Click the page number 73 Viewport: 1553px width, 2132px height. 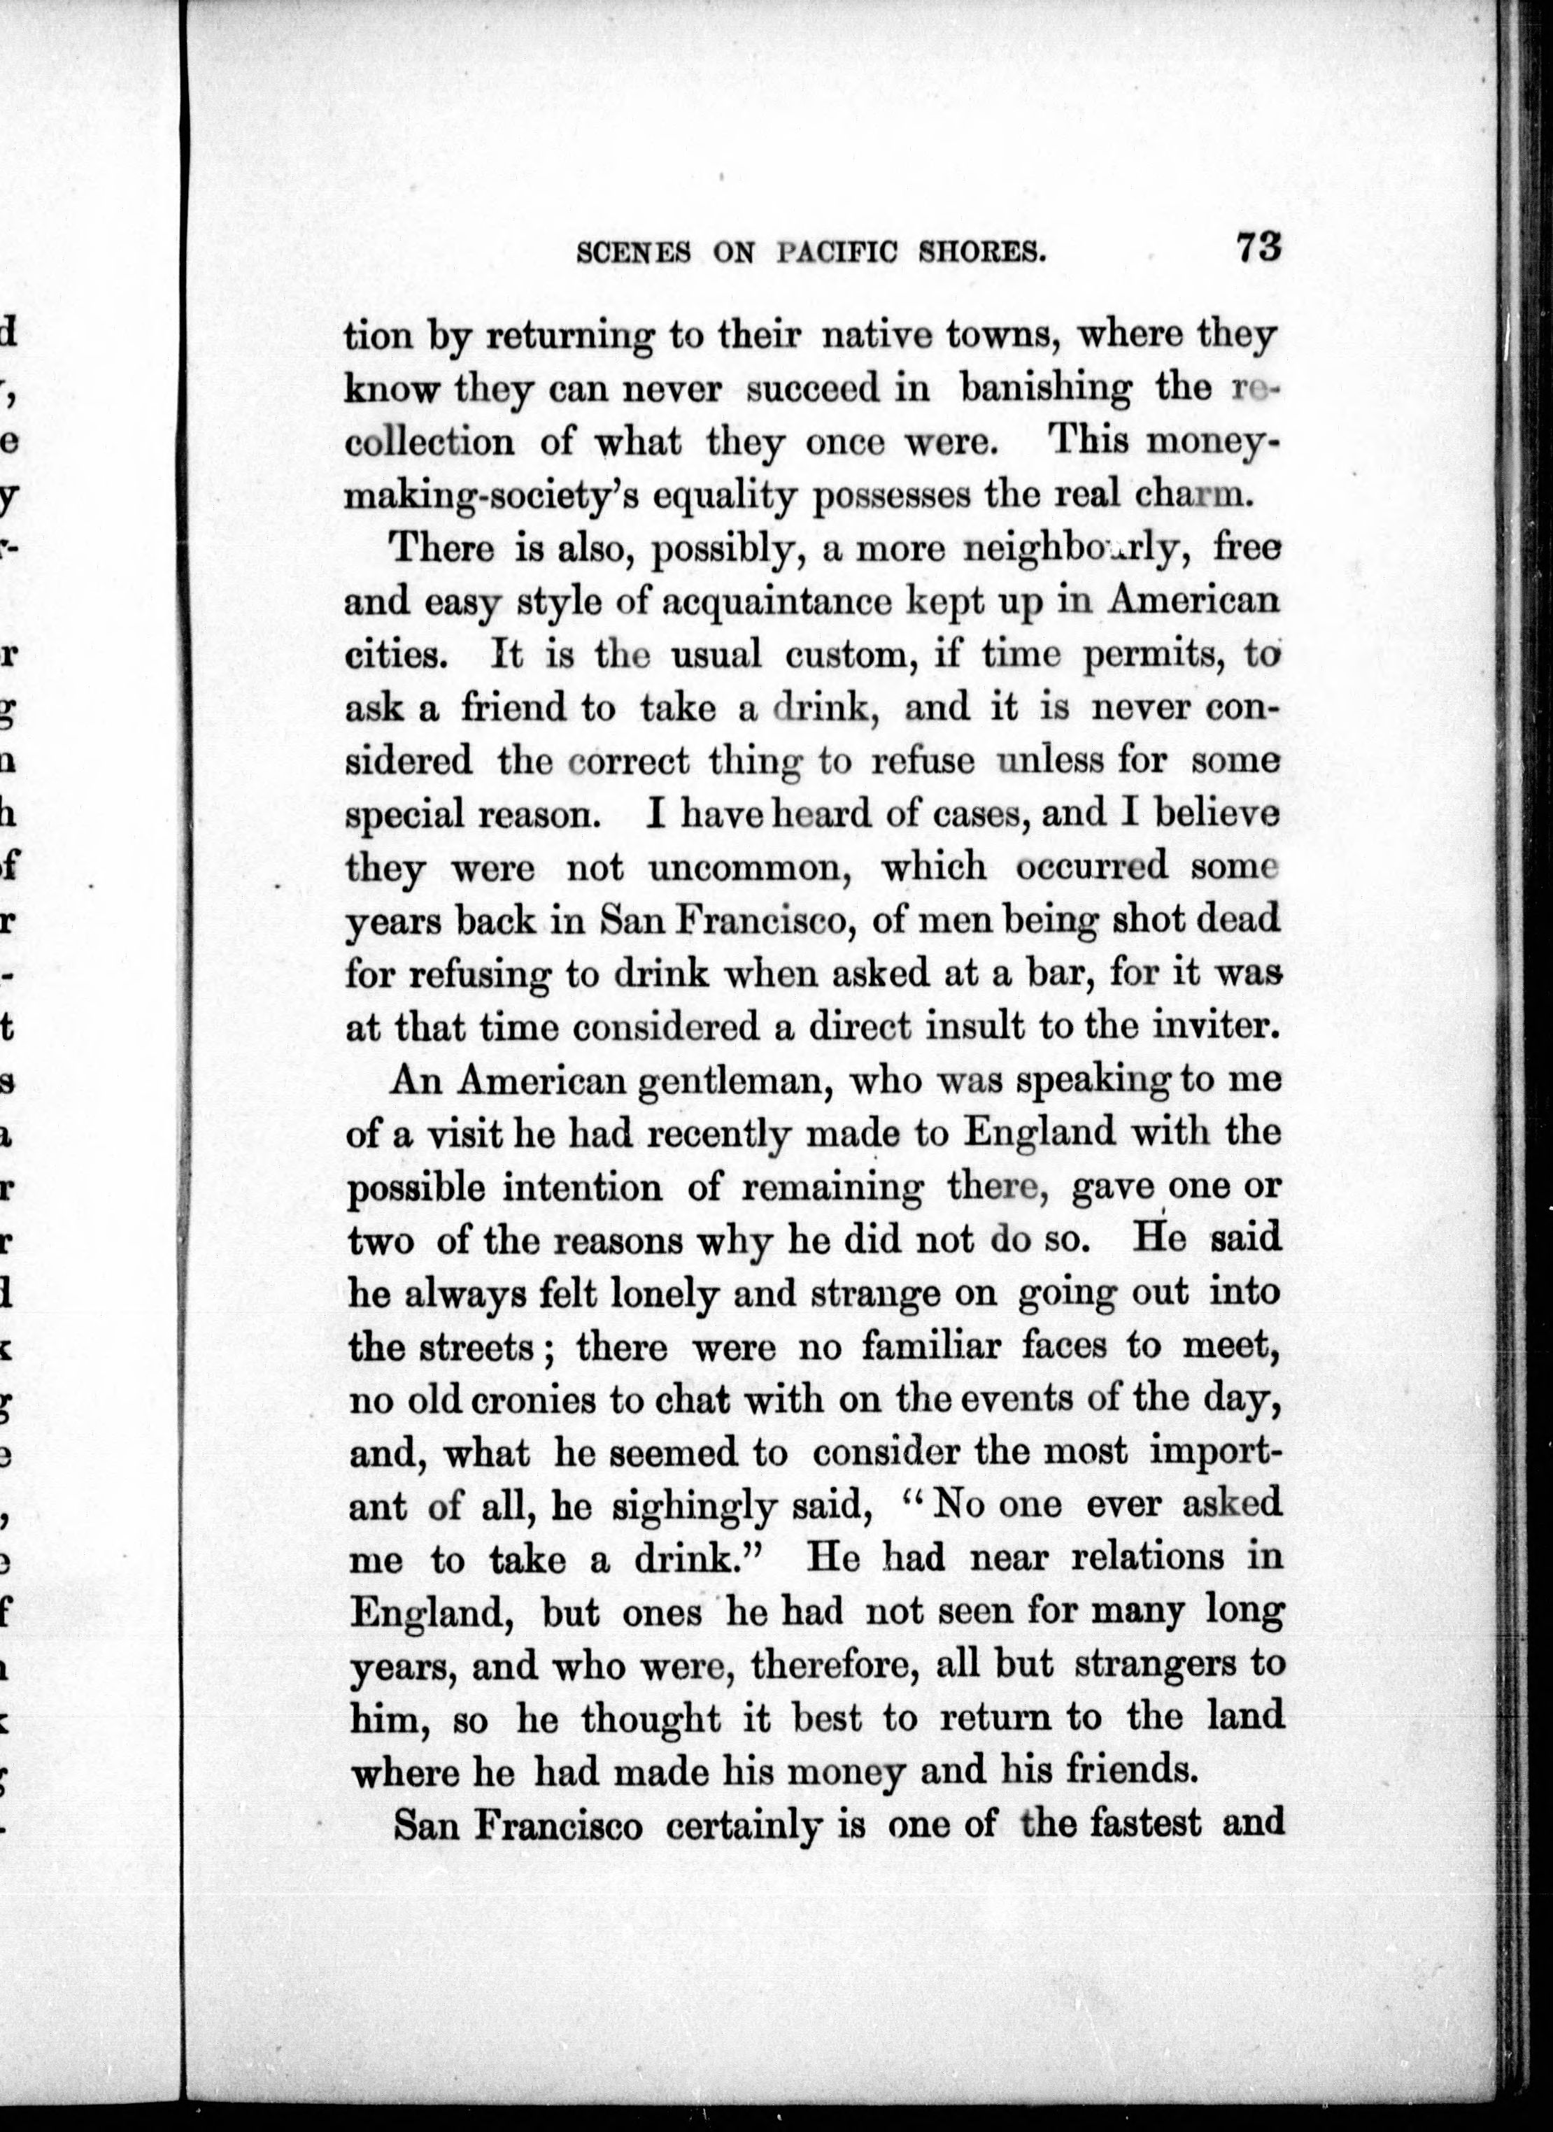[x=1258, y=248]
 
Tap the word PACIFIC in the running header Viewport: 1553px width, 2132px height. [x=843, y=254]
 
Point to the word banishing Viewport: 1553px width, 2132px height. [x=1045, y=389]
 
